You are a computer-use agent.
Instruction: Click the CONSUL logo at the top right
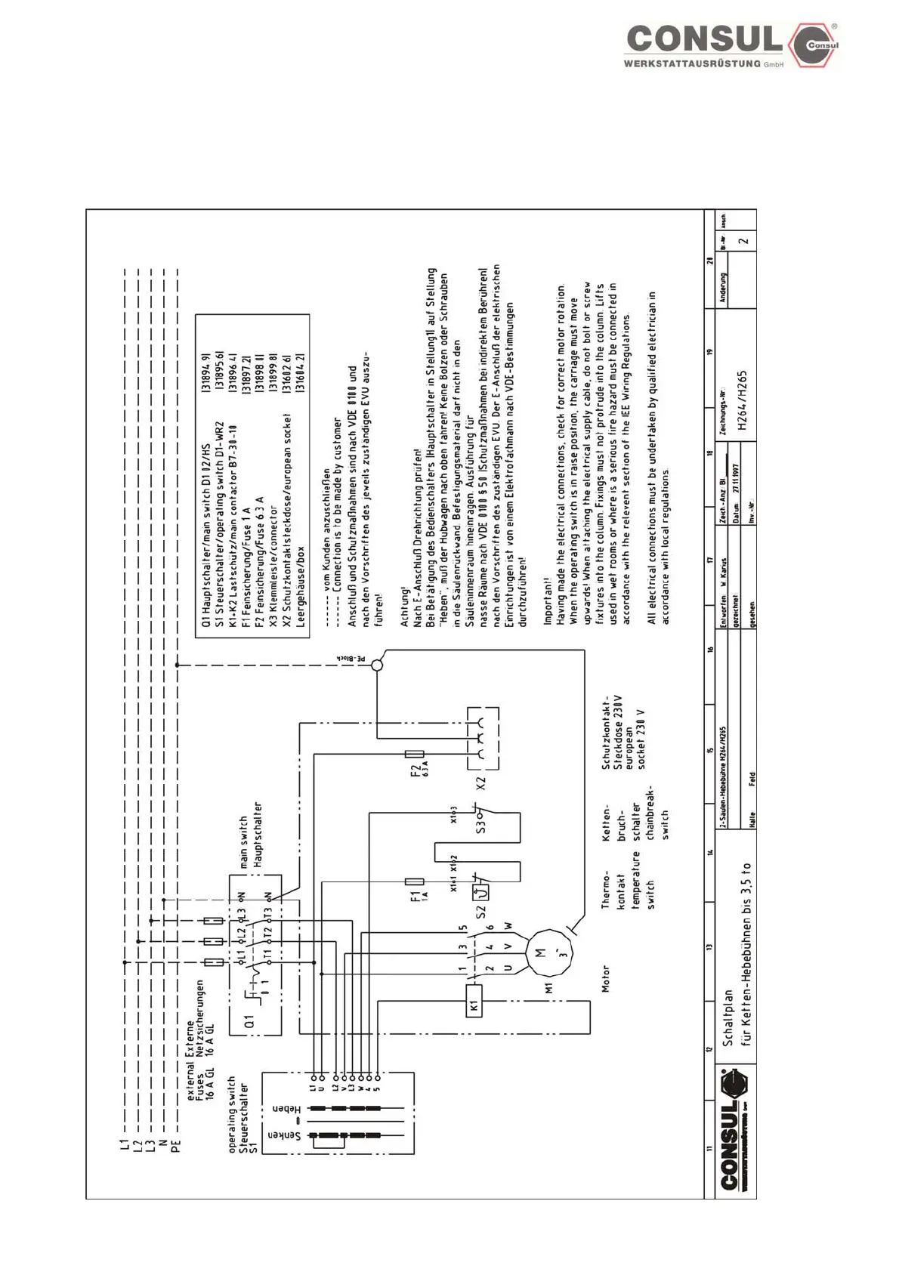731,45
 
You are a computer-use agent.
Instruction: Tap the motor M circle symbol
548,953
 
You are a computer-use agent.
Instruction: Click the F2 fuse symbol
415,753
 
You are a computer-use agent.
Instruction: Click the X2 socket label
481,783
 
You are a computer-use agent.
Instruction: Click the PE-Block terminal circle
377,665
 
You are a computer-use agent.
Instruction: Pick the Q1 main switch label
249,1020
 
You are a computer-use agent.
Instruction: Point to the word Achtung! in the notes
404,607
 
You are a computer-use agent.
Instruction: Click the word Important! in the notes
548,601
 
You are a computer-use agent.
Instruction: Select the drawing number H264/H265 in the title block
743,401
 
